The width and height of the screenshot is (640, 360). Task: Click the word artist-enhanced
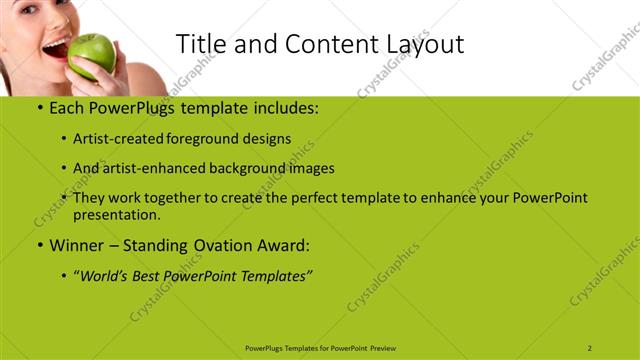(x=154, y=168)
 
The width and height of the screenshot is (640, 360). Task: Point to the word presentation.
(x=116, y=214)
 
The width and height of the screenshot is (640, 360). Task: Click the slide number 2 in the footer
(x=590, y=348)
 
